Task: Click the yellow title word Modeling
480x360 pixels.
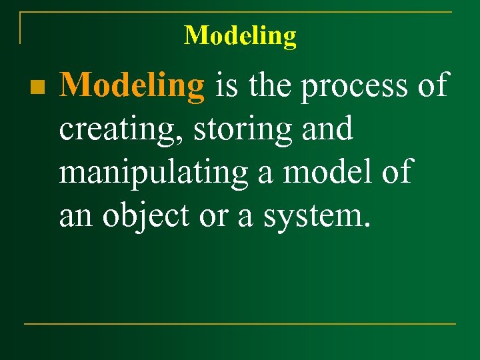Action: [240, 35]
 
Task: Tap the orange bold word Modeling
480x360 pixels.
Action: [132, 87]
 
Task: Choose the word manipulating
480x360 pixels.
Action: [153, 173]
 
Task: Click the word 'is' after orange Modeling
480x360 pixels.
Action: [225, 87]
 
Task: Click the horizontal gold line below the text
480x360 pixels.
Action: [240, 324]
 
